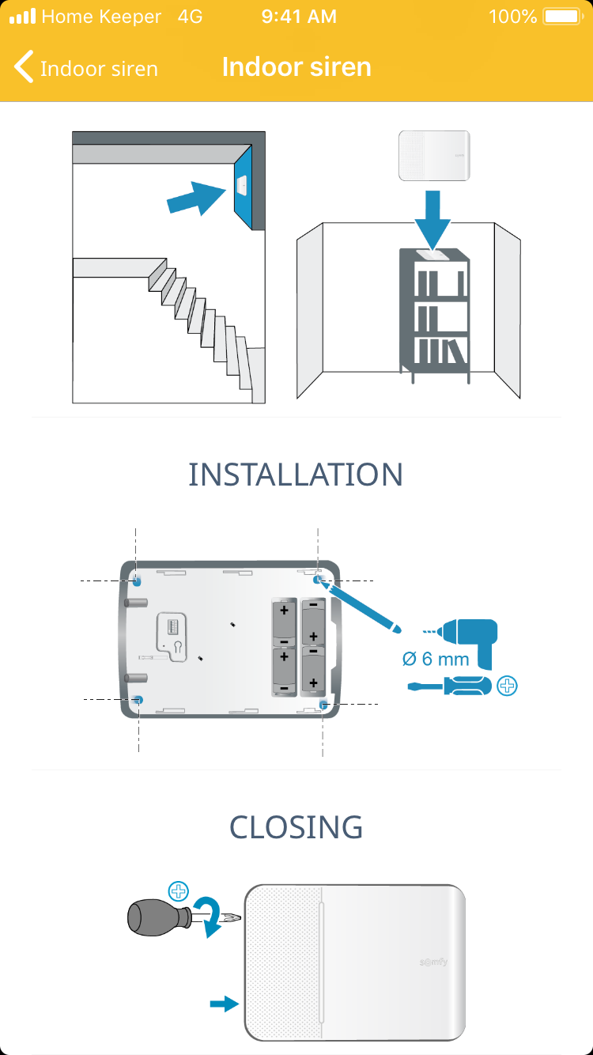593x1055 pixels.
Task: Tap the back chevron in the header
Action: point(24,67)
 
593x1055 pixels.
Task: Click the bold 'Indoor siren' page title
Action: point(296,66)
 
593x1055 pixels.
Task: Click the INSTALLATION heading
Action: point(296,475)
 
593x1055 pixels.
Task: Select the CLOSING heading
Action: point(296,827)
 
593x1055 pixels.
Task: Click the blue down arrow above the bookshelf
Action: point(433,217)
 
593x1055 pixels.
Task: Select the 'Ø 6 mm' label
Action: point(435,659)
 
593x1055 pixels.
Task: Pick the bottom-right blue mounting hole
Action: point(323,703)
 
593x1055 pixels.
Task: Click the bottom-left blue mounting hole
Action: point(139,700)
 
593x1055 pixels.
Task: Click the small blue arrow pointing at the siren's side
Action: point(224,1004)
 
